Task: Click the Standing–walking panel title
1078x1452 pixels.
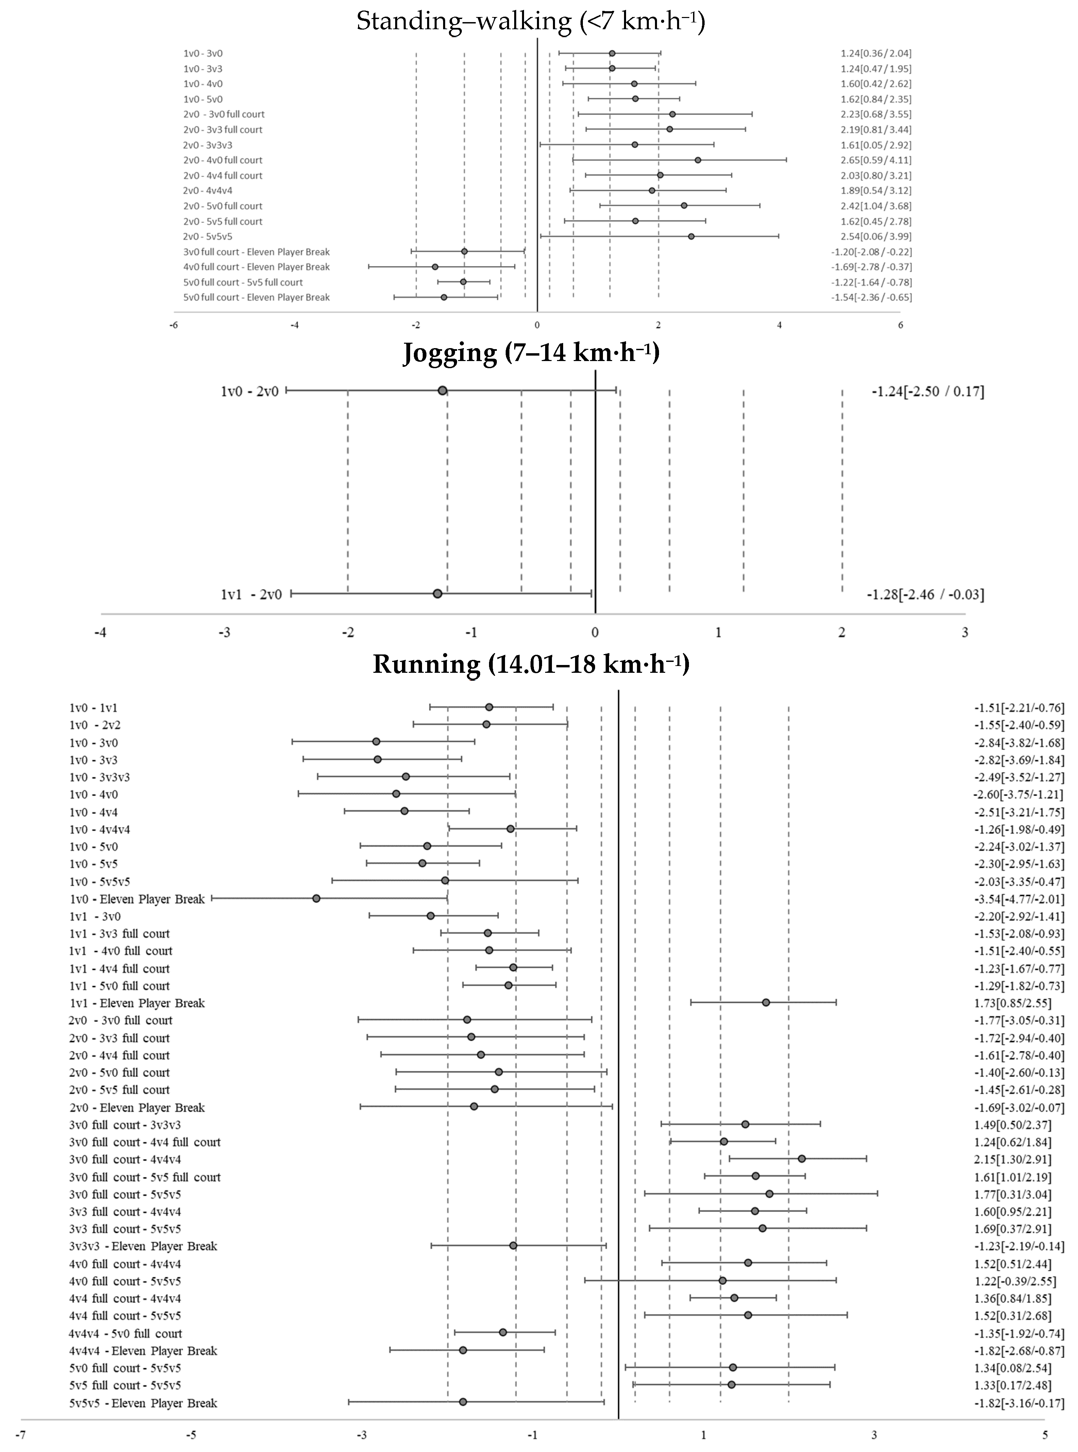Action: click(x=530, y=21)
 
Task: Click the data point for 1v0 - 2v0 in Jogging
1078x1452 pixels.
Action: click(x=442, y=391)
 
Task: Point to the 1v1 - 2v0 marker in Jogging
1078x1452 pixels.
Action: click(x=437, y=594)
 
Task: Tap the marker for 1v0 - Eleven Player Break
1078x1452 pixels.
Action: click(x=317, y=898)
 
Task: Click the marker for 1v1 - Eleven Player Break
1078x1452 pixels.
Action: click(x=765, y=1002)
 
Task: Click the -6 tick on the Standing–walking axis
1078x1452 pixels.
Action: click(x=173, y=325)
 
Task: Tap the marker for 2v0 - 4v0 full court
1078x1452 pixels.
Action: click(x=697, y=160)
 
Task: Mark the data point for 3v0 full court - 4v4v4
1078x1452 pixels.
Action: click(x=801, y=1159)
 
